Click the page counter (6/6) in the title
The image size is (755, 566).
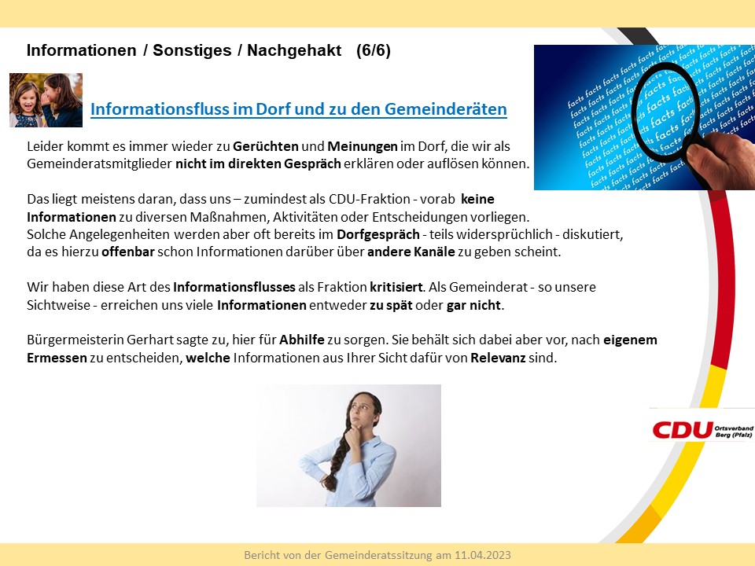point(373,50)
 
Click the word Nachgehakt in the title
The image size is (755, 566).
point(294,50)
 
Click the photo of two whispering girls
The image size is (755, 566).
point(46,100)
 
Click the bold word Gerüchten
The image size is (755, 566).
point(265,146)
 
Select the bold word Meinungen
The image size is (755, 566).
point(363,146)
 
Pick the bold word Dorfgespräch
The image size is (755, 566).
point(378,235)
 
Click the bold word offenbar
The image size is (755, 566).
point(127,252)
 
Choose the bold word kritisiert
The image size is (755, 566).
point(396,288)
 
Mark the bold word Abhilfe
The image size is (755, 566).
point(302,340)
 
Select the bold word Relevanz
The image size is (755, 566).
point(498,358)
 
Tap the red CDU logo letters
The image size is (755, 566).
point(683,430)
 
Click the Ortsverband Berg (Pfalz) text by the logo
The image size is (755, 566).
point(734,432)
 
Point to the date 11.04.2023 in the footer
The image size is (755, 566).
point(483,556)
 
